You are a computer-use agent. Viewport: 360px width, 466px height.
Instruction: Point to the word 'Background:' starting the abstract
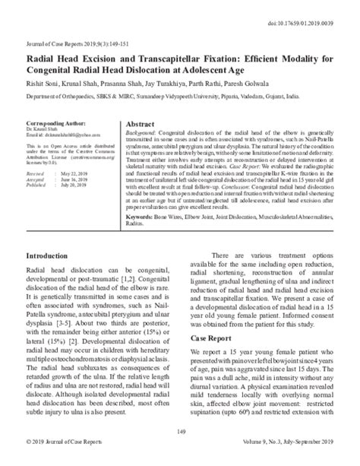coord(143,133)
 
